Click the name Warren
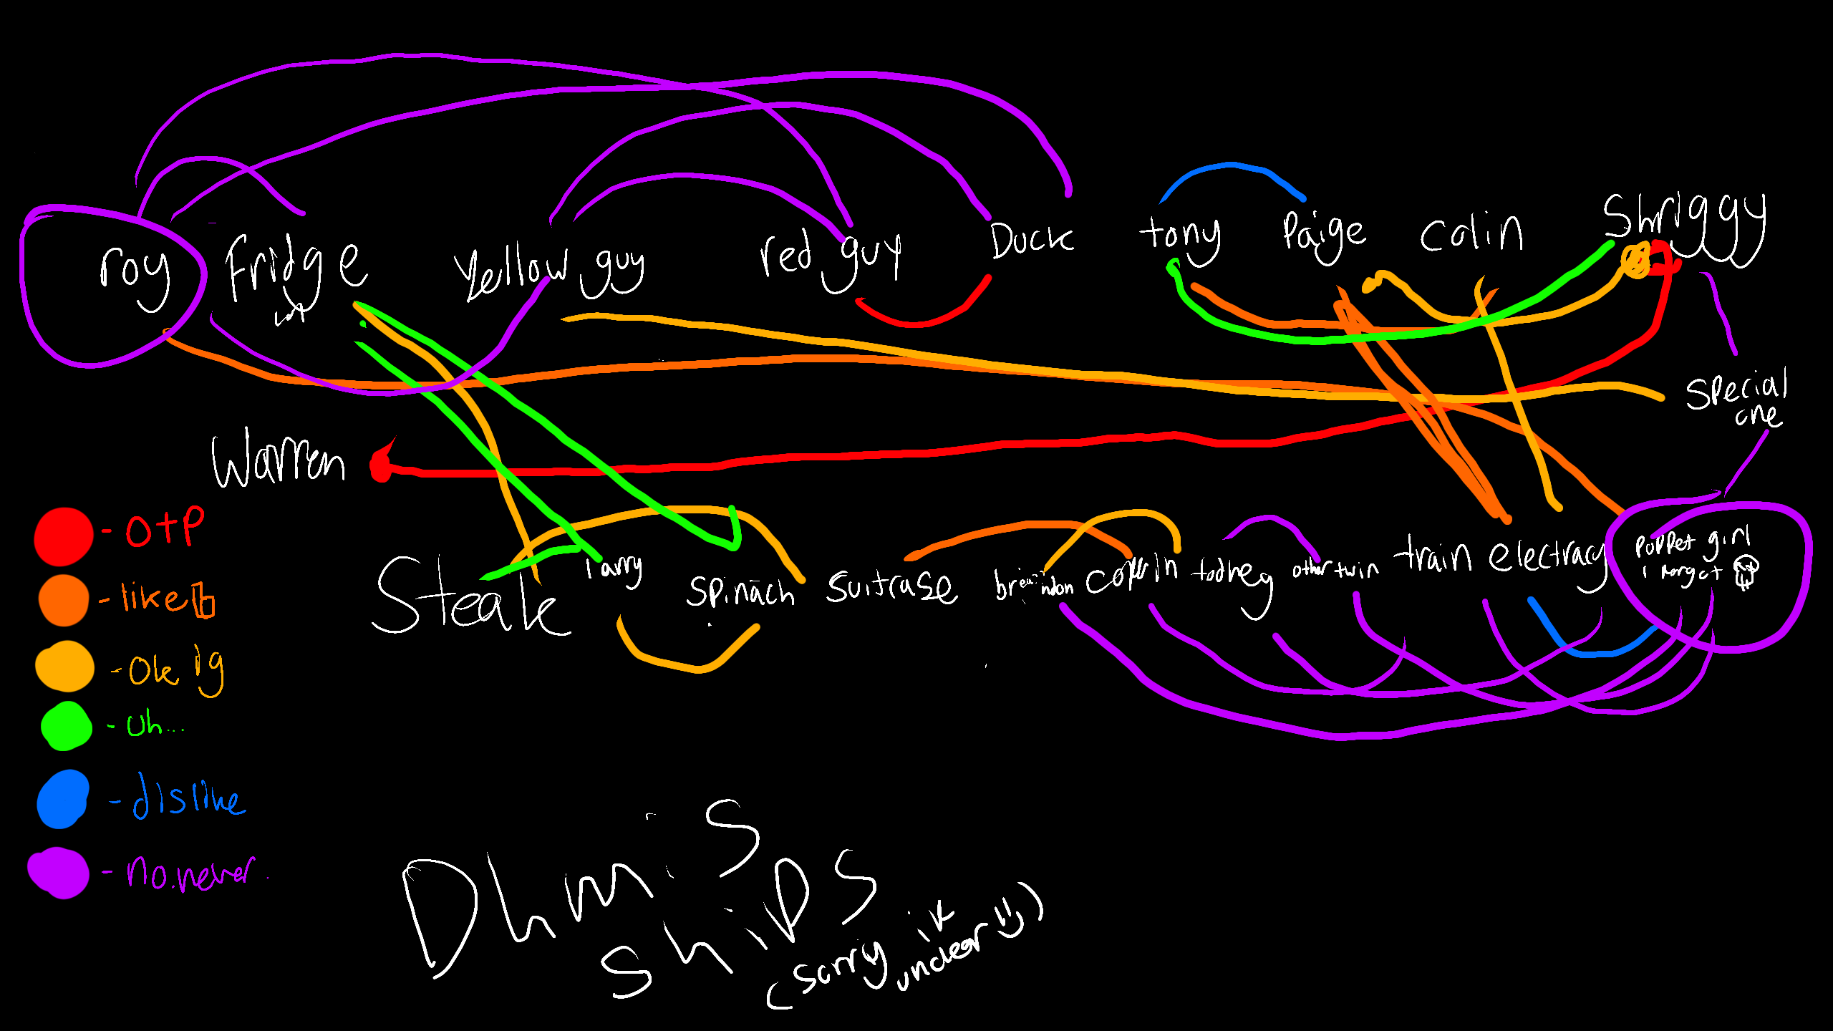[x=279, y=460]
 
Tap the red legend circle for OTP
[x=63, y=536]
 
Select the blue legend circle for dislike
[x=63, y=799]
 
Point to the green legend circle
[x=66, y=725]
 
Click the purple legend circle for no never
[x=59, y=872]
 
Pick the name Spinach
[x=740, y=591]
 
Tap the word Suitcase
[x=891, y=587]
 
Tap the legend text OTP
[x=165, y=528]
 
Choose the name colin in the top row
[x=1471, y=233]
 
